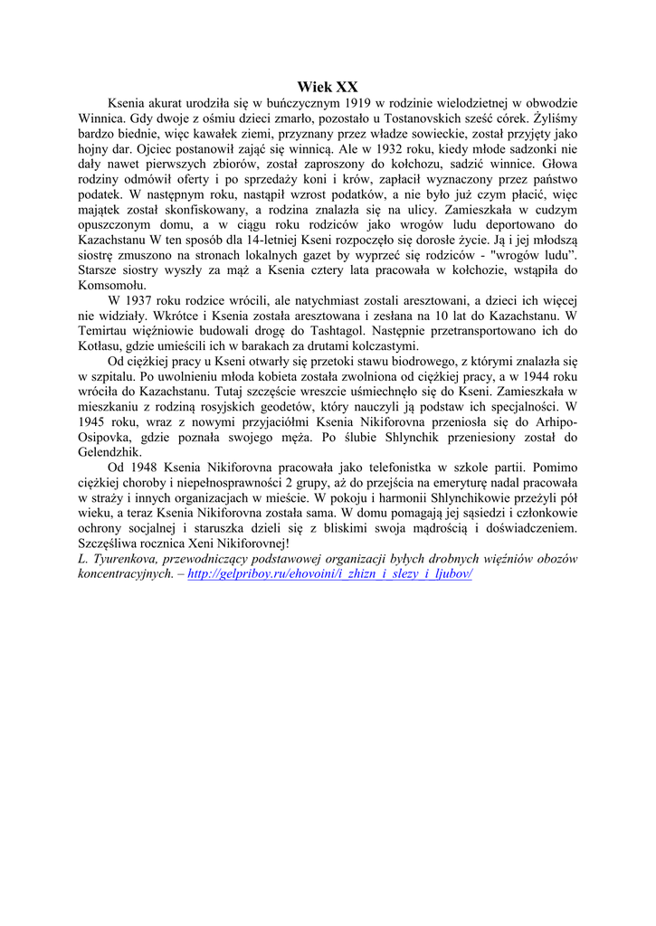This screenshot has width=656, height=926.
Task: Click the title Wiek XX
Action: [x=328, y=87]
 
